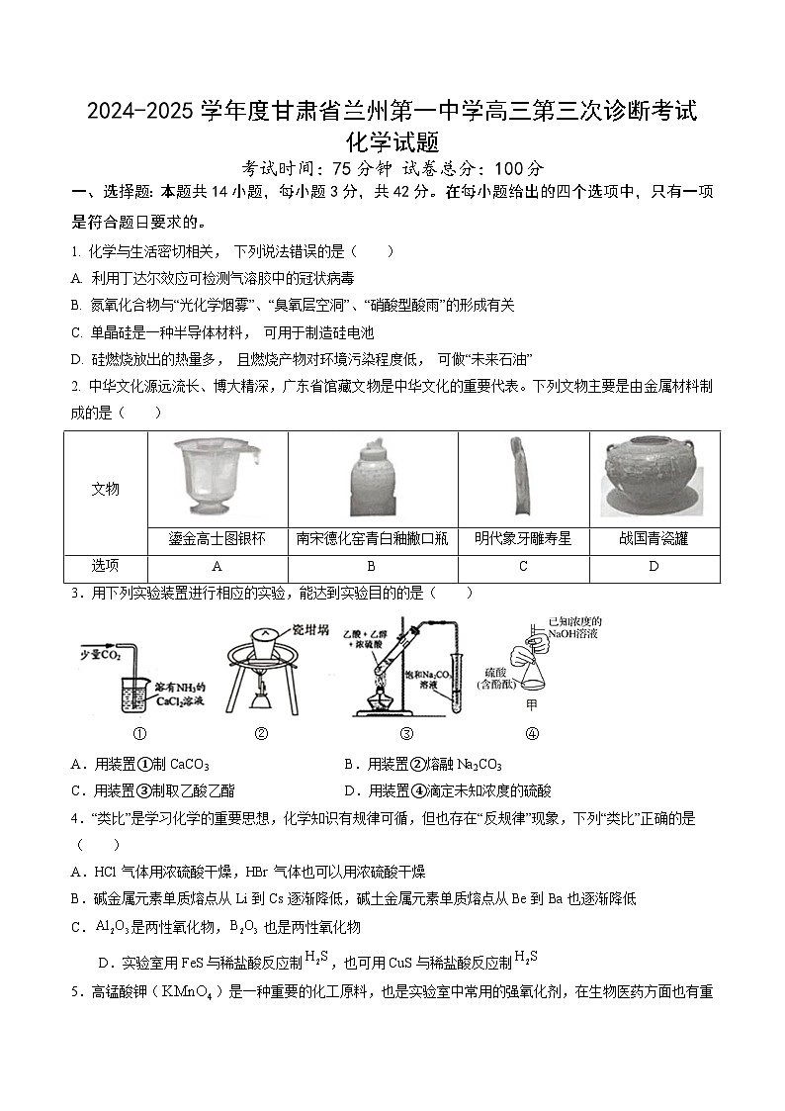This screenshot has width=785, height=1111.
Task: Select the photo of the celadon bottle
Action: point(372,478)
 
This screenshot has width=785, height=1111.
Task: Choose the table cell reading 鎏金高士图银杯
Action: point(218,539)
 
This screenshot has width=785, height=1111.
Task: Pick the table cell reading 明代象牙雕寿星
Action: point(523,539)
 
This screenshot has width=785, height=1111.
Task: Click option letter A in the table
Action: point(217,566)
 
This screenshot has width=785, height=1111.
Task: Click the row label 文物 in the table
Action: point(106,489)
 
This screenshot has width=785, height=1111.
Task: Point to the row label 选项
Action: point(106,566)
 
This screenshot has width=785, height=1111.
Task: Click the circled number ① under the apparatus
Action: point(139,734)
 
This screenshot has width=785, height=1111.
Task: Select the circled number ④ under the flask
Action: point(532,734)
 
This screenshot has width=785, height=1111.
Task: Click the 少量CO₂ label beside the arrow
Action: point(98,655)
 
